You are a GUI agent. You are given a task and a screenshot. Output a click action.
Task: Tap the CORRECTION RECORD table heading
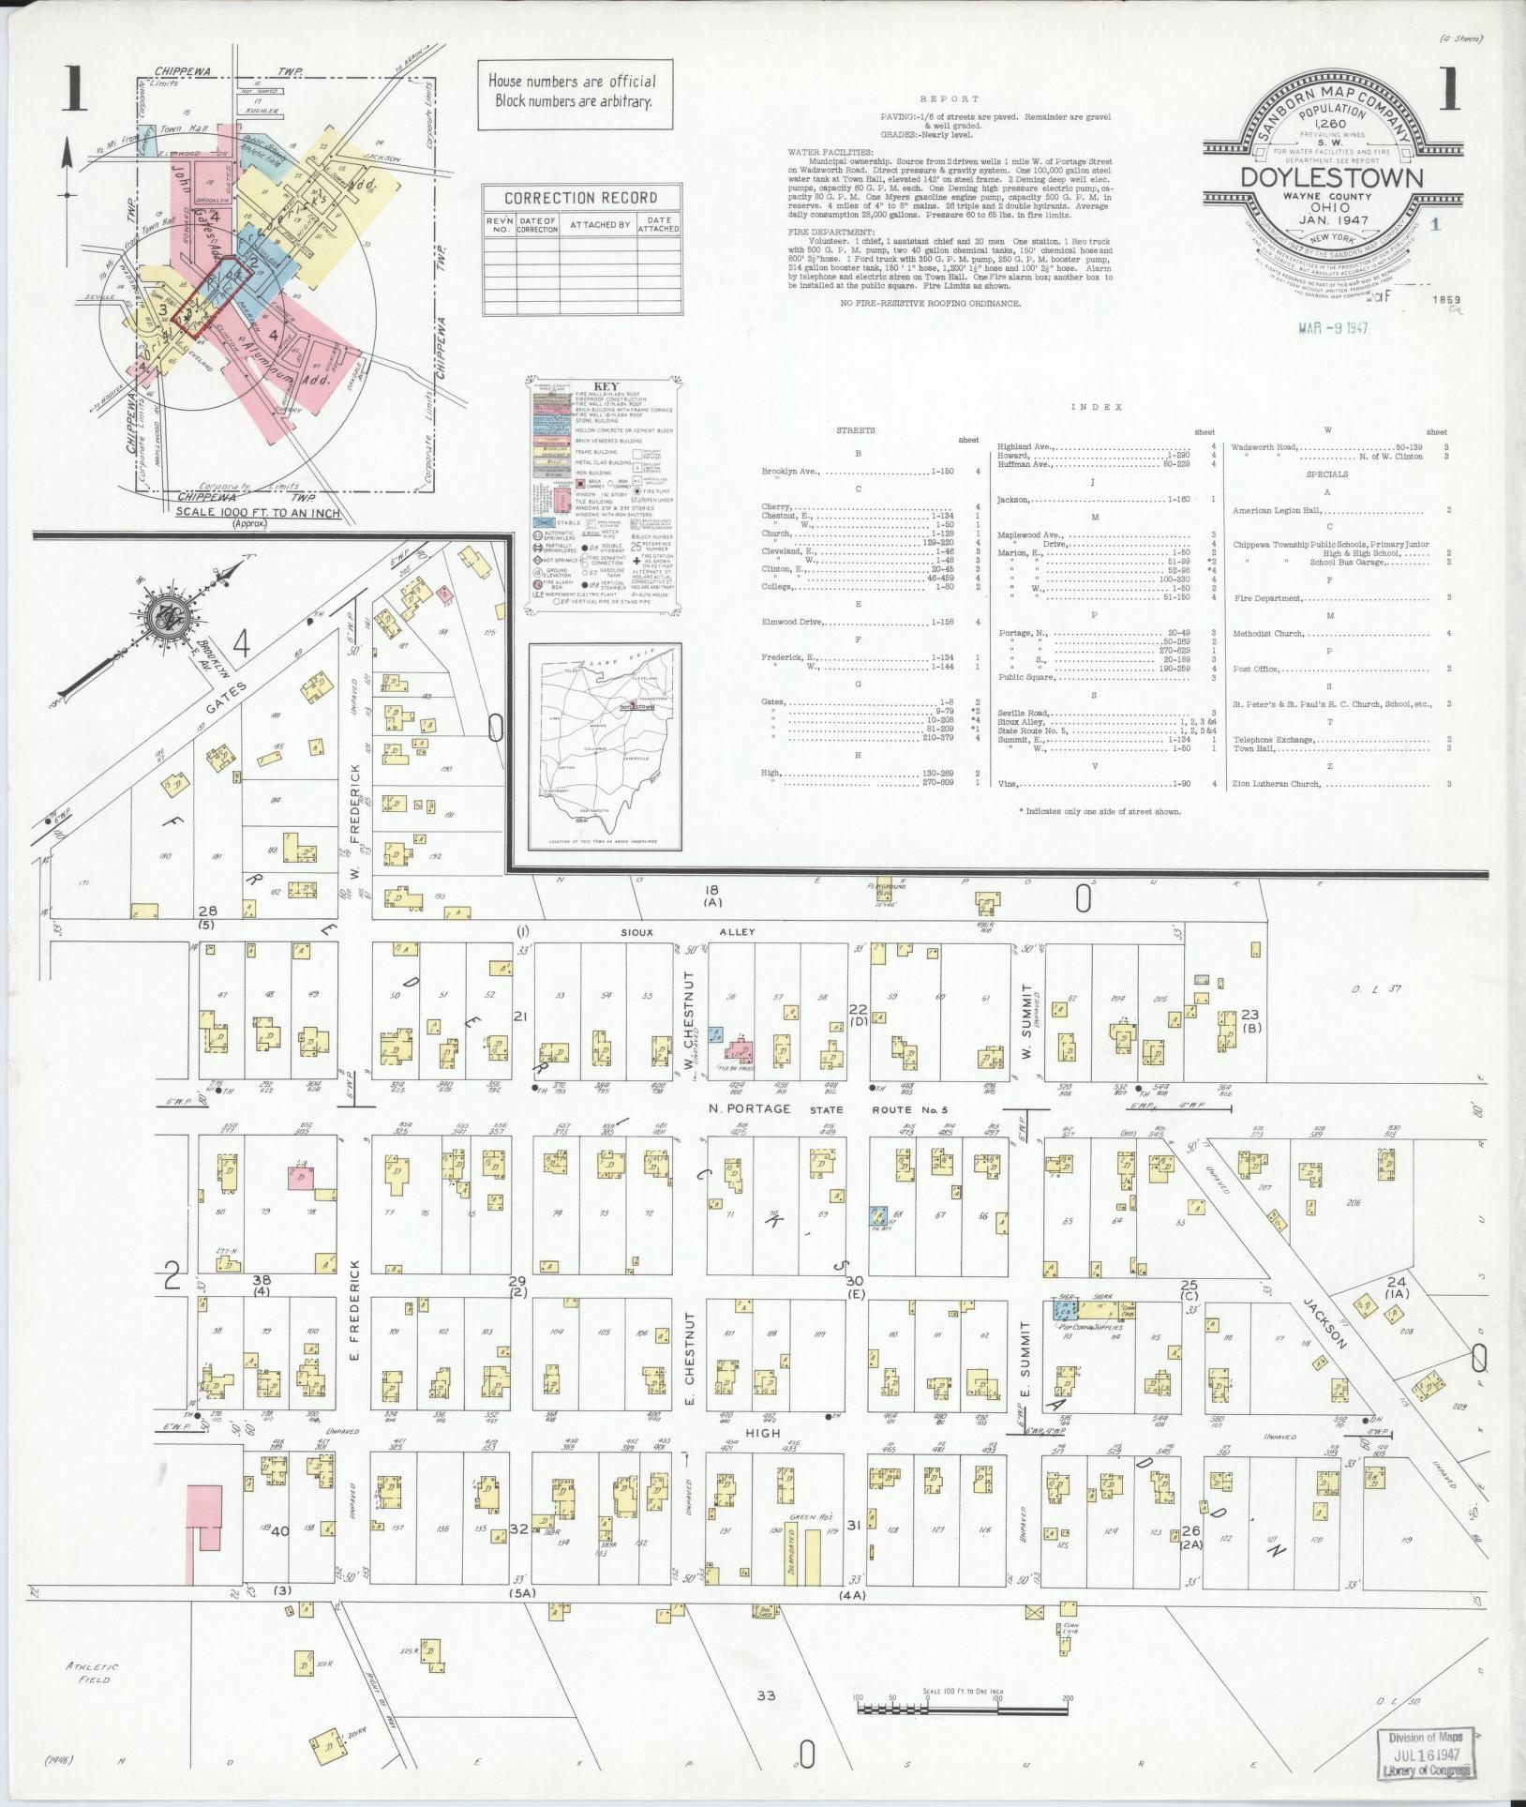(580, 198)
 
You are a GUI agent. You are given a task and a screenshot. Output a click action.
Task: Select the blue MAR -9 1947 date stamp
(1331, 329)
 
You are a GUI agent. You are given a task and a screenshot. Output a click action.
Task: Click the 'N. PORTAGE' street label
(745, 1109)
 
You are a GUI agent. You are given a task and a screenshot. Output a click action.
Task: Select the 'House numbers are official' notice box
(572, 91)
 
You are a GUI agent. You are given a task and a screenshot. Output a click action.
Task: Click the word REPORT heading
(949, 98)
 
